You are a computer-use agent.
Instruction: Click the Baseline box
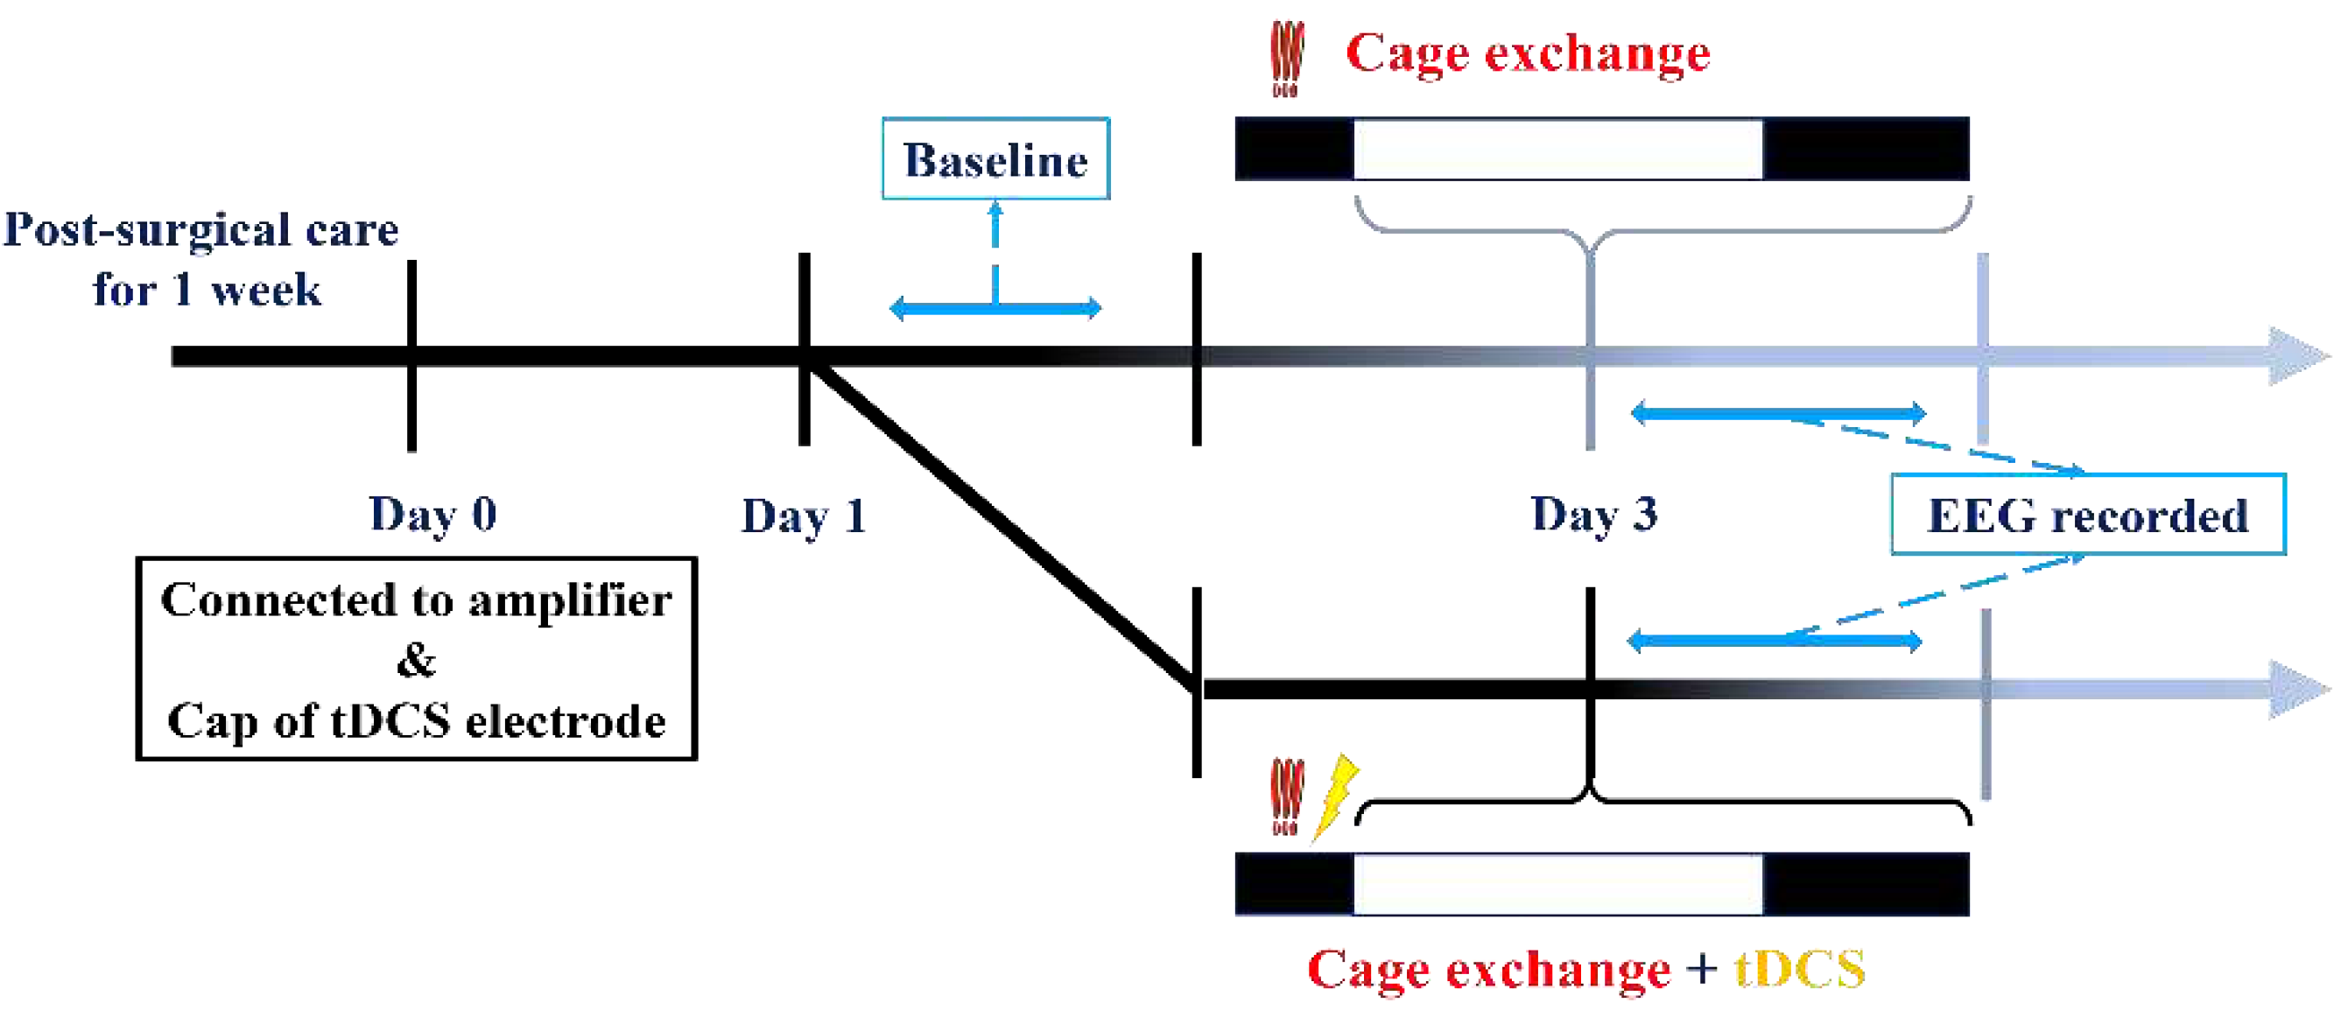tap(995, 158)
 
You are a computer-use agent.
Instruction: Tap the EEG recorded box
tap(2087, 515)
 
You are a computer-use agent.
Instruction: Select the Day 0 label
tap(433, 514)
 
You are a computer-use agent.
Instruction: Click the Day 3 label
tap(1593, 514)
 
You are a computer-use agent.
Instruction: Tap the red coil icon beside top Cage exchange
tap(1286, 59)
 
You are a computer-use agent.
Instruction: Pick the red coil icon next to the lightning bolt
tap(1286, 796)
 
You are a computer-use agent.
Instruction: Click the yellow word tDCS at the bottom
tap(1799, 968)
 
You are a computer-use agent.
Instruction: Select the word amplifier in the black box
tap(570, 600)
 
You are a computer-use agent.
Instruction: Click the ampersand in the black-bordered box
tap(417, 659)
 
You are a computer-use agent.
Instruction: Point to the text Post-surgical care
tap(201, 229)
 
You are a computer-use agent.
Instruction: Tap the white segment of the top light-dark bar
tap(1557, 149)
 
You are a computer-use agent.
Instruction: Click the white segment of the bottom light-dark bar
tap(1557, 884)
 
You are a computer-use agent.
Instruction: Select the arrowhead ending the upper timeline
tap(2299, 355)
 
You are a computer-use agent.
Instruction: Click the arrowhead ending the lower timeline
tap(2299, 688)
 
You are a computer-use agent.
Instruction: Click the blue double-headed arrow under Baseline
tap(995, 308)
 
